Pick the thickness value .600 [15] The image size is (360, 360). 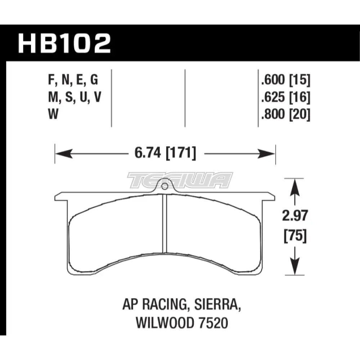(x=284, y=80)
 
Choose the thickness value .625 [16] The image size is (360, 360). (x=284, y=98)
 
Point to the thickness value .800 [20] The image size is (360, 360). (x=284, y=115)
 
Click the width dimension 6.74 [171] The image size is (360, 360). (x=164, y=154)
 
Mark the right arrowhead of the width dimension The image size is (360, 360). (x=267, y=154)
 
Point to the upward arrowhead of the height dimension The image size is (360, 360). (x=295, y=186)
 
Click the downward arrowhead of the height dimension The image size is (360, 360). (x=295, y=268)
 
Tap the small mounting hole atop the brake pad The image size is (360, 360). (x=164, y=186)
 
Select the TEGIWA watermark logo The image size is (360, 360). (x=180, y=180)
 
